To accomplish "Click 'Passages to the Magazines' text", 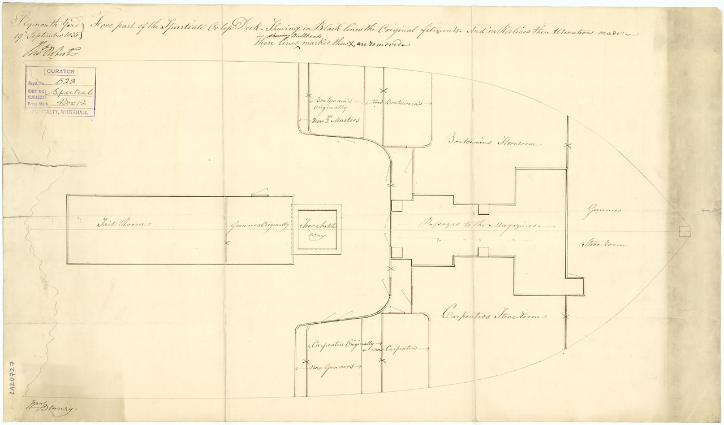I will [478, 224].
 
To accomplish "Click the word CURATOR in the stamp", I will [60, 72].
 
